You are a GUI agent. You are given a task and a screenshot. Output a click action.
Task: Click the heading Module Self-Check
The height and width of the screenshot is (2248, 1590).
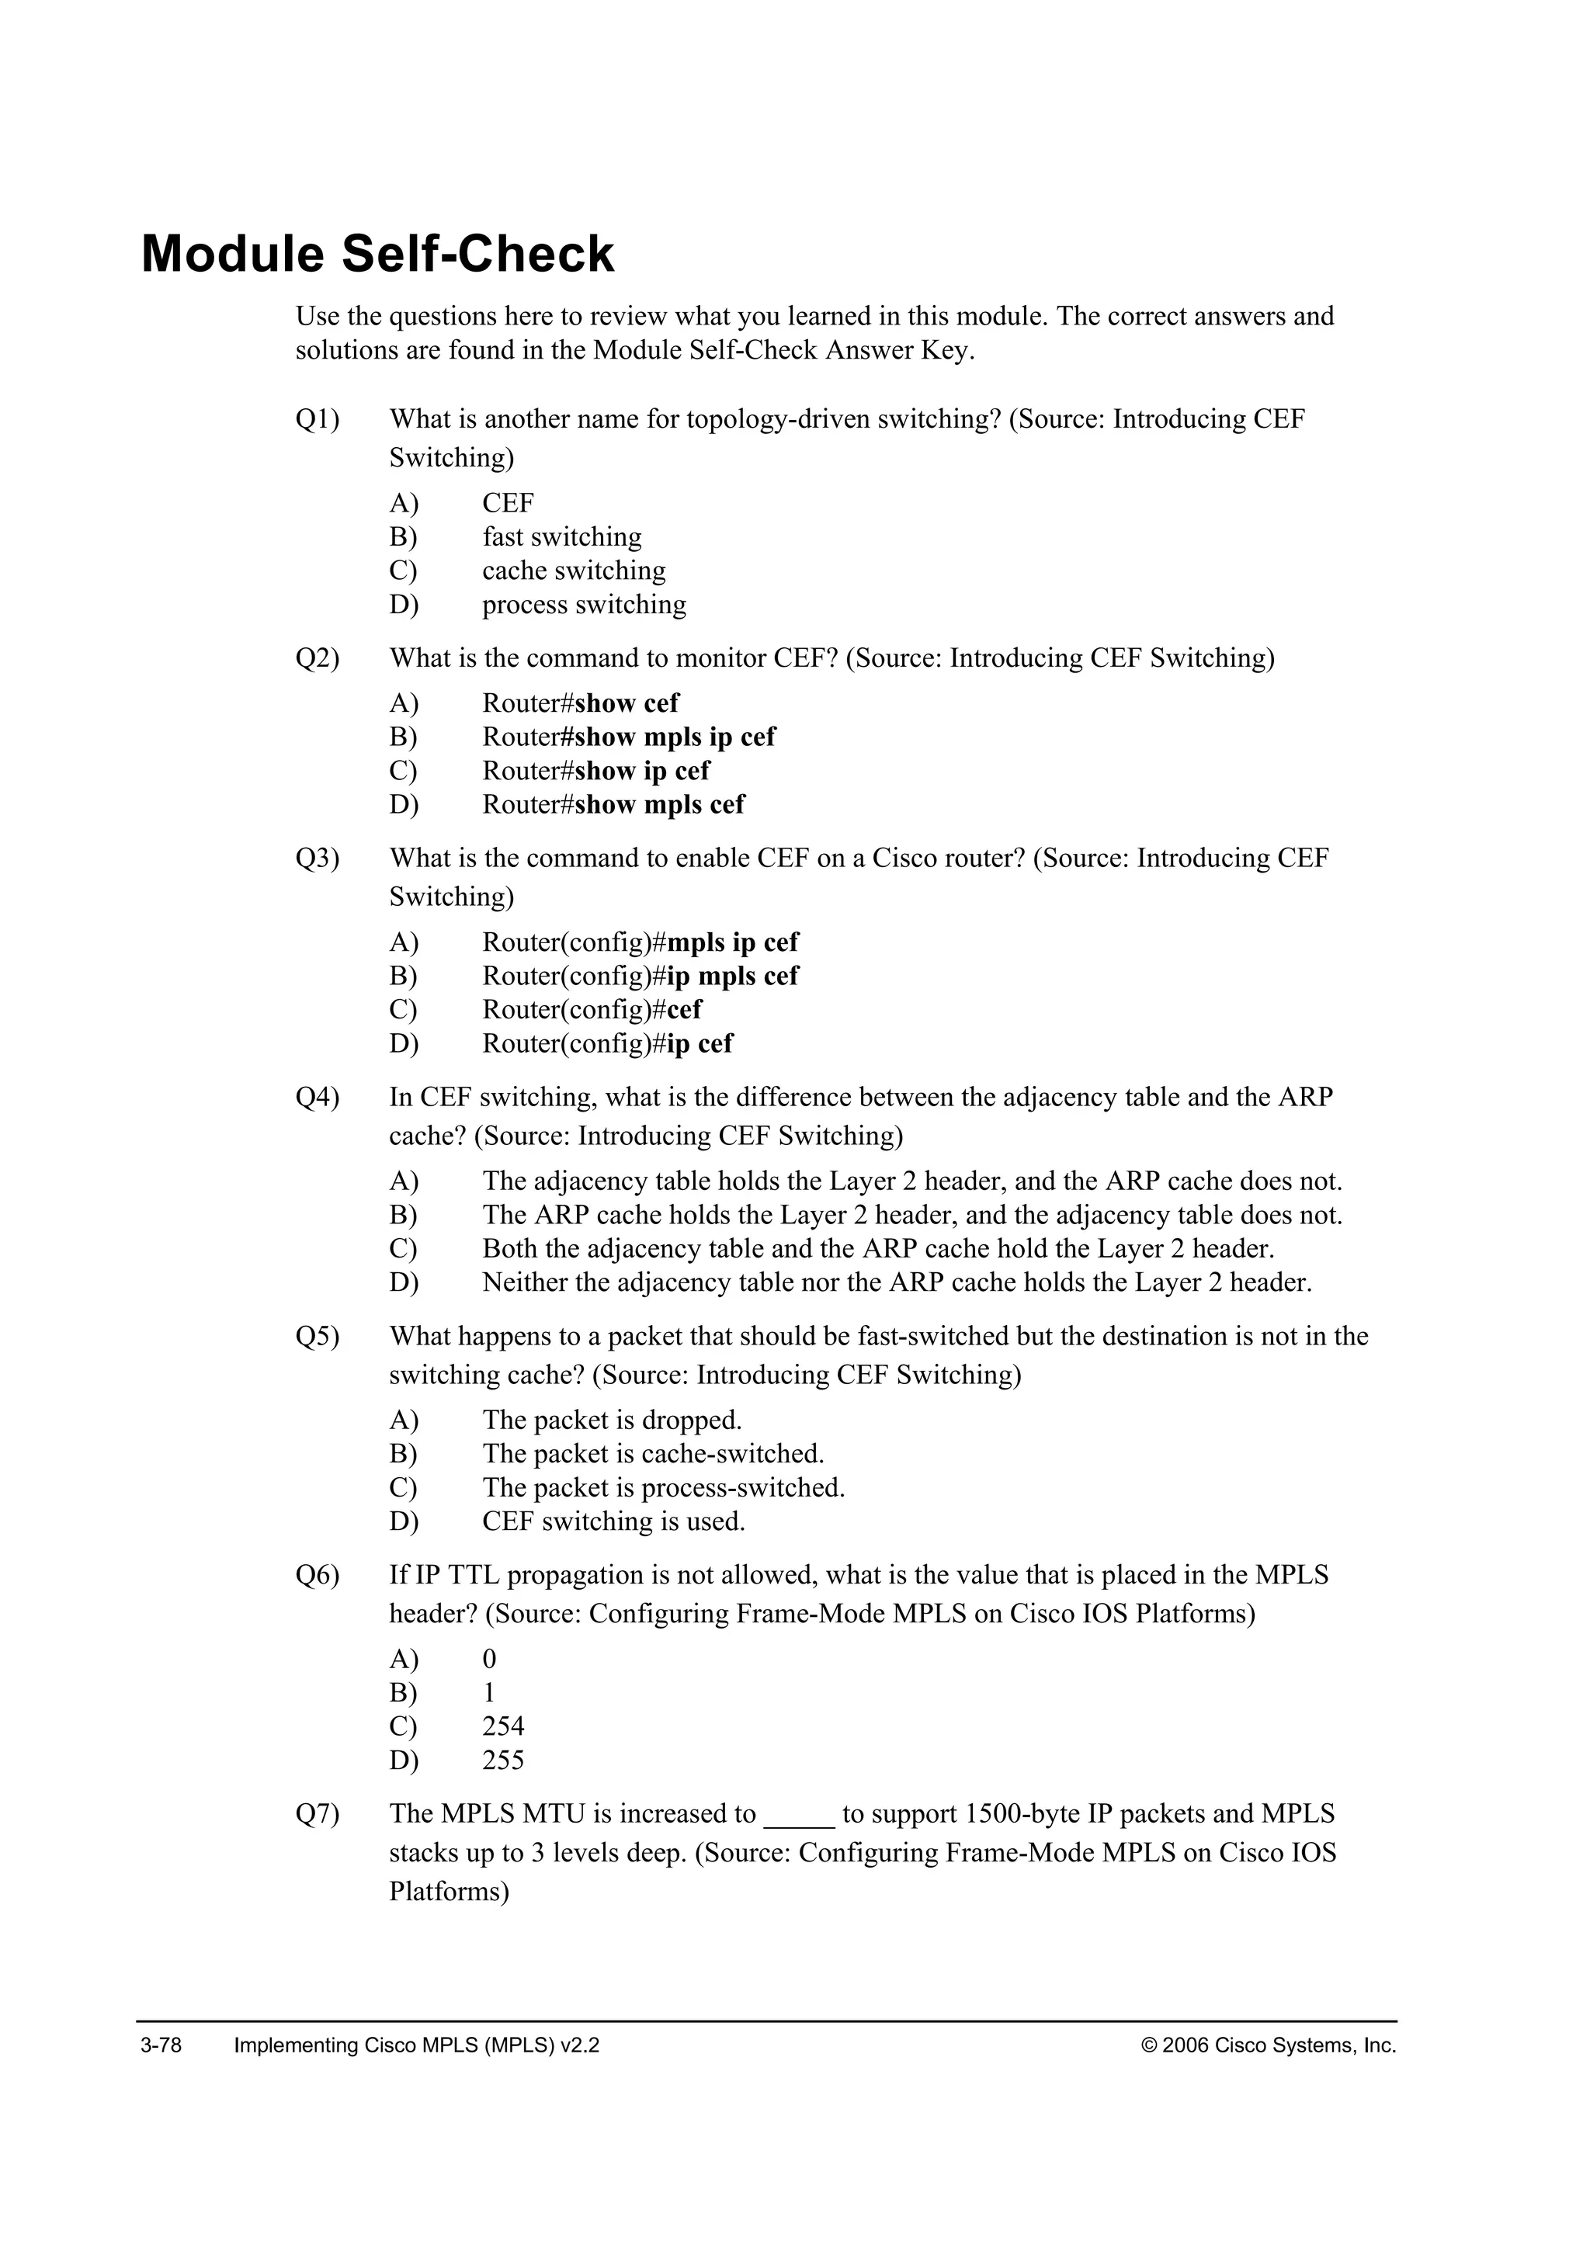click(377, 255)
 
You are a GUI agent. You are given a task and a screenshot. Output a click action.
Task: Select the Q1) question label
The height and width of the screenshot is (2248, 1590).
click(318, 419)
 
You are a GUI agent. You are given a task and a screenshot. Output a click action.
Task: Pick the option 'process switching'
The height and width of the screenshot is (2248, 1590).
click(584, 605)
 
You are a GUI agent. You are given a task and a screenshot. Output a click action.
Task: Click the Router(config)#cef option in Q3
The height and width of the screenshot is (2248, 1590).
click(592, 1009)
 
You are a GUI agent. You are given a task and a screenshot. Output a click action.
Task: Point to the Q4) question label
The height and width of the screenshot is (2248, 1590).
click(318, 1098)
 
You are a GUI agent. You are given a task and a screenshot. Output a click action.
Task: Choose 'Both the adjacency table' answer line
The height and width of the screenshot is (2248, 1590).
click(877, 1249)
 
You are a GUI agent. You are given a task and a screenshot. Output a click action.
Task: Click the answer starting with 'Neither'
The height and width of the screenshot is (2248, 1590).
click(896, 1282)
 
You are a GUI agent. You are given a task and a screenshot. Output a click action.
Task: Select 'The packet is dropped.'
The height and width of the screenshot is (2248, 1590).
click(612, 1421)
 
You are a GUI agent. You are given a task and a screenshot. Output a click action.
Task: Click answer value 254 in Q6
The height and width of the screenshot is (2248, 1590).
click(502, 1727)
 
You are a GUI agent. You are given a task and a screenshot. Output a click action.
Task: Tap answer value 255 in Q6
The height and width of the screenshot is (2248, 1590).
click(502, 1761)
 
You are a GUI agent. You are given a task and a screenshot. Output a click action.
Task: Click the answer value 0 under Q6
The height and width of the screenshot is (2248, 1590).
click(490, 1660)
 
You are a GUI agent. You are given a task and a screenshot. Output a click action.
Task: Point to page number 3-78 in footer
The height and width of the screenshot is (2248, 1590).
click(161, 2045)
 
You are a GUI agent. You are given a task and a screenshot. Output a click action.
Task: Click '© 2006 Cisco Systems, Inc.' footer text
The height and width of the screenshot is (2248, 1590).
click(1269, 2045)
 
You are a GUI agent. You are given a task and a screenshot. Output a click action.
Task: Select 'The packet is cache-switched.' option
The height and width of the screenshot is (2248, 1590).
click(652, 1454)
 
